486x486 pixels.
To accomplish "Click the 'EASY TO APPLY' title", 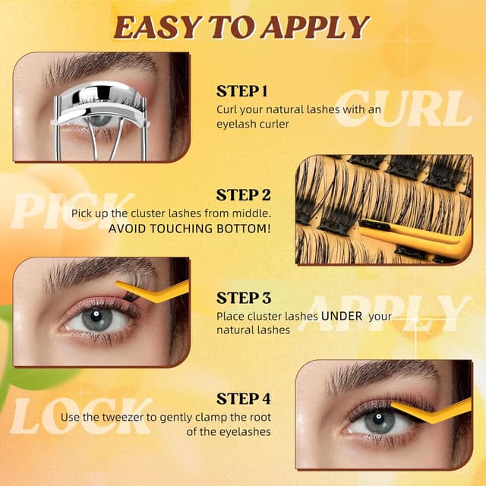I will point(241,27).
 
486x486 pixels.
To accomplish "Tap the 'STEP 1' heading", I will point(242,91).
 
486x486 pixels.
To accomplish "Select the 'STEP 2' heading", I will point(243,195).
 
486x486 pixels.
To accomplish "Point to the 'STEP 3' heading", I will point(243,298).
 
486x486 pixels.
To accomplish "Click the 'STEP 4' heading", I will point(243,399).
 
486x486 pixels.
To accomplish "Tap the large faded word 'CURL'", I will point(402,109).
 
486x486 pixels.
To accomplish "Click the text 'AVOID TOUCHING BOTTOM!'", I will point(189,228).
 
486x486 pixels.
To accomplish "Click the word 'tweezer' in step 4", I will point(144,417).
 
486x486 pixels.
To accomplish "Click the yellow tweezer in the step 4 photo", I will point(433,413).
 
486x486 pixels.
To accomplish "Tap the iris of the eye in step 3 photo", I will point(96,318).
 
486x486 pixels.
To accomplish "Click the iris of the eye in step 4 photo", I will point(380,420).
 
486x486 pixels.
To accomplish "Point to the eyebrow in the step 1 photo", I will point(91,65).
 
